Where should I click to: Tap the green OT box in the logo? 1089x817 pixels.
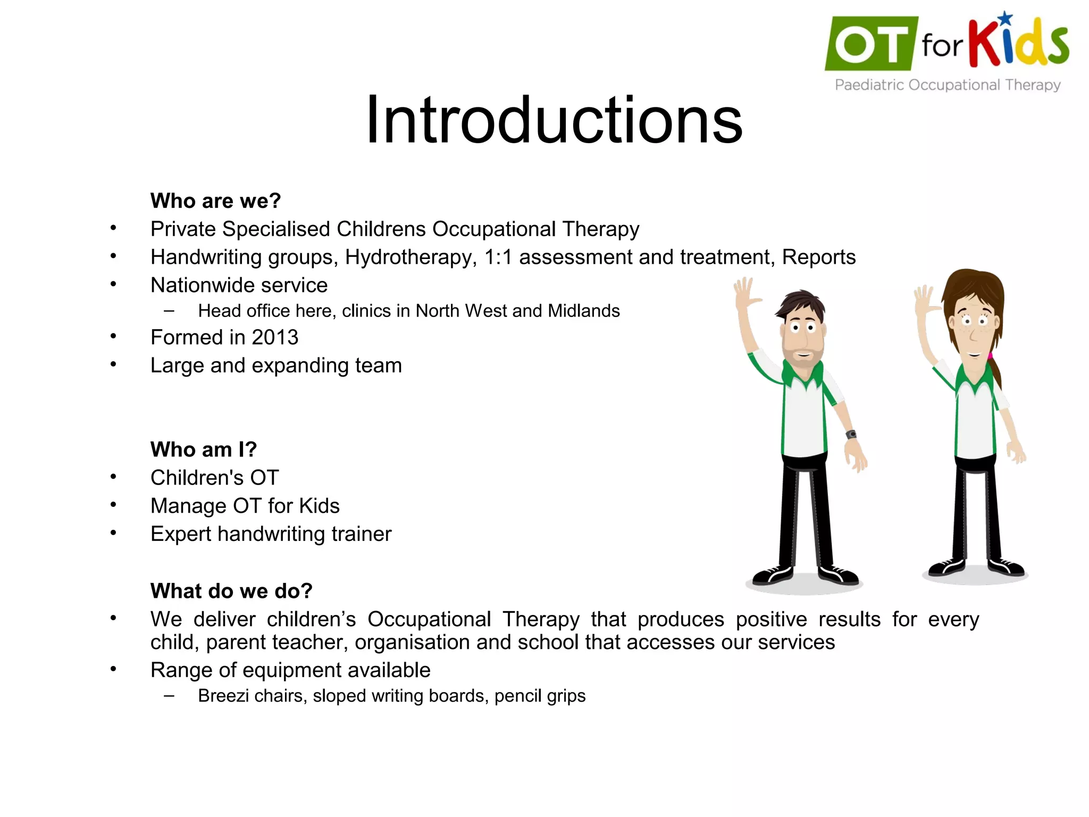pyautogui.click(x=870, y=44)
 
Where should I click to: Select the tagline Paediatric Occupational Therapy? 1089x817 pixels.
pyautogui.click(x=948, y=85)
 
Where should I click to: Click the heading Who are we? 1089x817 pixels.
pyautogui.click(x=215, y=201)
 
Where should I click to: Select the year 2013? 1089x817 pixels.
pyautogui.click(x=275, y=338)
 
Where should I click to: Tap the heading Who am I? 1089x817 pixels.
pyautogui.click(x=204, y=450)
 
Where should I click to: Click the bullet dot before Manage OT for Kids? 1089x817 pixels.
pyautogui.click(x=113, y=505)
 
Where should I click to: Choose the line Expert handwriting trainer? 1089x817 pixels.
pyautogui.click(x=271, y=534)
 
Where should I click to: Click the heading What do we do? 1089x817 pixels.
pyautogui.click(x=231, y=591)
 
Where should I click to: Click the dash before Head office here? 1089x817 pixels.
pyautogui.click(x=169, y=311)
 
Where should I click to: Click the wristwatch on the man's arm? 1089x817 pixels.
pyautogui.click(x=851, y=435)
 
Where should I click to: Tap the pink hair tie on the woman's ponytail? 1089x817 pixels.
pyautogui.click(x=990, y=355)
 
